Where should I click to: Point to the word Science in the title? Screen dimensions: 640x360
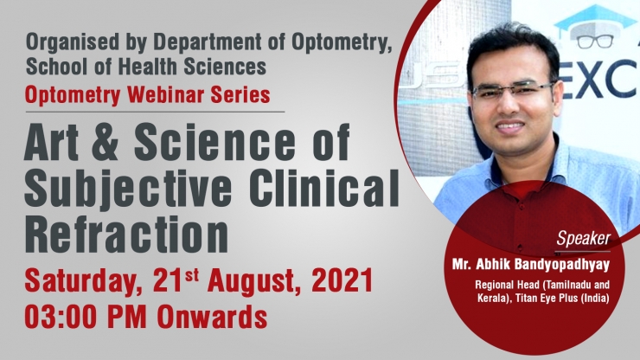pos(214,141)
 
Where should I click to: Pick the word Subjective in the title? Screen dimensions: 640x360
pos(128,189)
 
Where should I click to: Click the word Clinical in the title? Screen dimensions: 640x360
pos(324,189)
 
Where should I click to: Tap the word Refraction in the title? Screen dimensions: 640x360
pos(126,235)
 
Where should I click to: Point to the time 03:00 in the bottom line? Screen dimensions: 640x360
pos(61,318)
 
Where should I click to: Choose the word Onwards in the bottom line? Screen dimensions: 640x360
pos(212,318)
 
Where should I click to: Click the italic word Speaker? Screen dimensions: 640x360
pos(584,238)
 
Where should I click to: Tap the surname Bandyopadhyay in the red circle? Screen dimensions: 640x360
pos(561,265)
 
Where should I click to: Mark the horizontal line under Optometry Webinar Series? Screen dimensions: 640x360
pos(155,112)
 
